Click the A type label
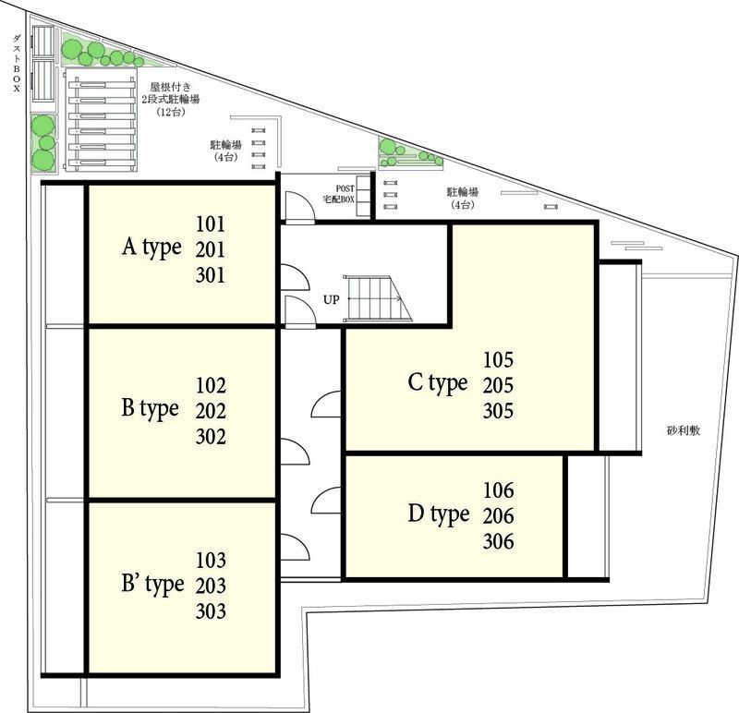click(151, 248)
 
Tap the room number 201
click(211, 249)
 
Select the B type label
click(150, 408)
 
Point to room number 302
click(211, 436)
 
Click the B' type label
click(152, 585)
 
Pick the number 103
click(211, 560)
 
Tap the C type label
click(438, 383)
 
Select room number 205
click(498, 385)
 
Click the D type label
click(439, 514)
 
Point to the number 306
click(498, 541)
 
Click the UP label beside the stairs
click(331, 299)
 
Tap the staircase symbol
click(377, 298)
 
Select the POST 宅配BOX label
click(338, 194)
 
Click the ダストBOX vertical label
click(17, 63)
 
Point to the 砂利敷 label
click(684, 430)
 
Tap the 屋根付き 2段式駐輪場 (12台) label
click(170, 100)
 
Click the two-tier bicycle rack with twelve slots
click(102, 119)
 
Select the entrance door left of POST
click(299, 208)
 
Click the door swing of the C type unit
click(326, 405)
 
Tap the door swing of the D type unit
click(326, 501)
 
